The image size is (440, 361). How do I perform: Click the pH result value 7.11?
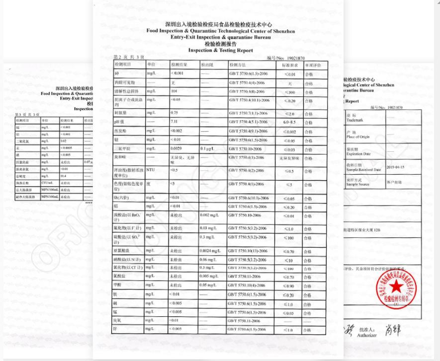point(175,122)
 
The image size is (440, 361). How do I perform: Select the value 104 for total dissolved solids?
point(174,91)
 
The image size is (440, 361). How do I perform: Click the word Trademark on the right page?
point(357,120)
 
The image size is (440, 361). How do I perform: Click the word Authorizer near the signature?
point(368,335)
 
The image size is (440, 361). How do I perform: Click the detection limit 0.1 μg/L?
point(207,148)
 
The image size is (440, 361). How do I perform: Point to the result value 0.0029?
point(177,148)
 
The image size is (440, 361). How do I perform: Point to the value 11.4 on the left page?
point(65,175)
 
